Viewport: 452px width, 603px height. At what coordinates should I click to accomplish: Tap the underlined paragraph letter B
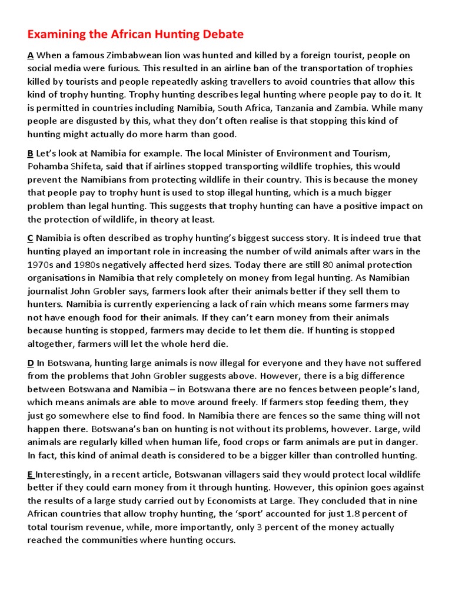point(31,153)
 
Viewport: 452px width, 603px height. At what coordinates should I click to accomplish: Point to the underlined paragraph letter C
point(31,238)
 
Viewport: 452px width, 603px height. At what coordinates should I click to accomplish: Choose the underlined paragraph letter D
point(31,363)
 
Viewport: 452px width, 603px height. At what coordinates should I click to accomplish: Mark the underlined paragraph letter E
point(31,474)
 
